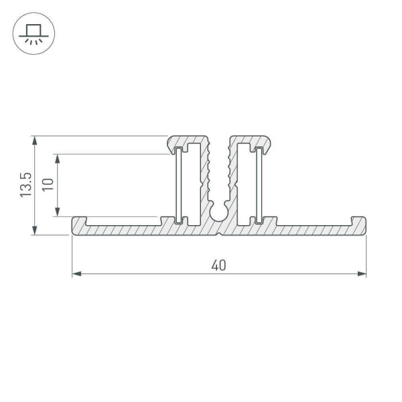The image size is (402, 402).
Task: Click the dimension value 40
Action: click(x=218, y=265)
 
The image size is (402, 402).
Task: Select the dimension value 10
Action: click(x=47, y=186)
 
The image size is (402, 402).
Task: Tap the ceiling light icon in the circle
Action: click(x=31, y=31)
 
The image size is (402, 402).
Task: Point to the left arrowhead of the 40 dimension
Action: click(x=76, y=273)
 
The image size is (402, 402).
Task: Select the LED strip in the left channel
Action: click(x=179, y=186)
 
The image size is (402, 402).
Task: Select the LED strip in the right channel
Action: click(x=259, y=186)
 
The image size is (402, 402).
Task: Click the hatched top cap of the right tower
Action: click(x=250, y=139)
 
